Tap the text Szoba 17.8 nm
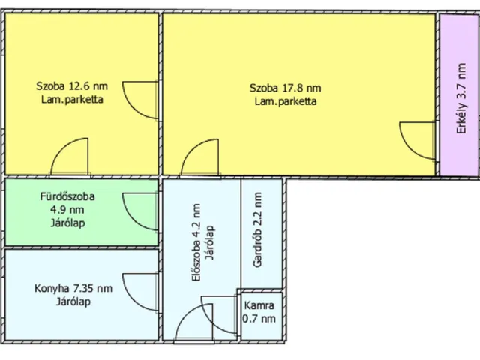285,88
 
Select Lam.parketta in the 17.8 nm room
285,100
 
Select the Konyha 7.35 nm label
73,288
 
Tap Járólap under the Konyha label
73,301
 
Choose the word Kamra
259,305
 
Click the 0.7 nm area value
259,319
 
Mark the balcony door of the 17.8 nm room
417,141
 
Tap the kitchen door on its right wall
140,295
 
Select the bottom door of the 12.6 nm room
69,158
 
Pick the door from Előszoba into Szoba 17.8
199,158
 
